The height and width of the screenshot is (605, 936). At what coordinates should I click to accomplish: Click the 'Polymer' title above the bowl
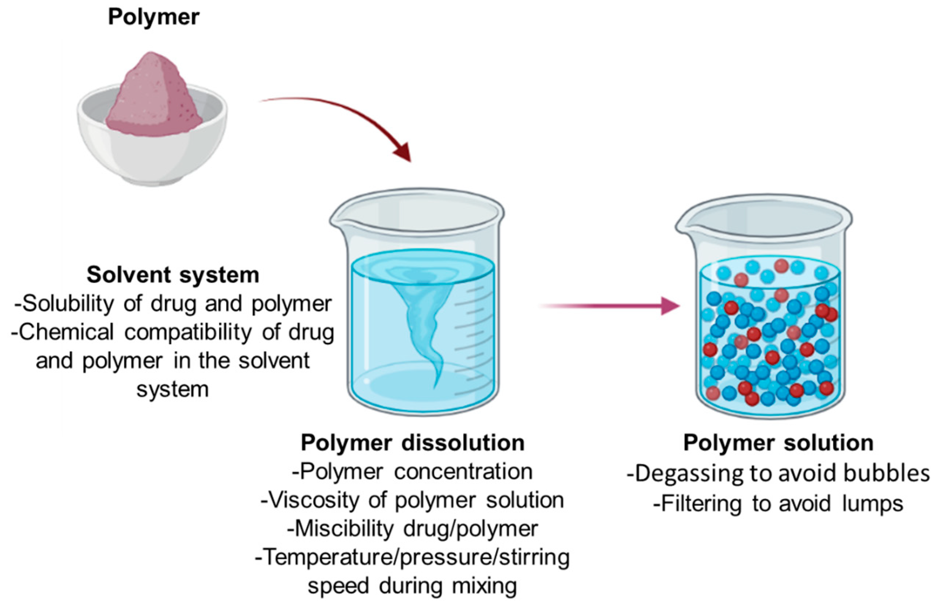point(154,18)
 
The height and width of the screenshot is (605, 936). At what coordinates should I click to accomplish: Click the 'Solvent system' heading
point(173,275)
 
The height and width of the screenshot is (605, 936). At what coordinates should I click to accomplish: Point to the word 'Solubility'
point(67,304)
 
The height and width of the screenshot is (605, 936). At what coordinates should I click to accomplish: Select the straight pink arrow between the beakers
point(609,306)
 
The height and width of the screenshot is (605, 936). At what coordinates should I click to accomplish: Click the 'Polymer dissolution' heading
point(413,443)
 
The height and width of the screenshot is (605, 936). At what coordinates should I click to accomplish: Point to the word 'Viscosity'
point(312,501)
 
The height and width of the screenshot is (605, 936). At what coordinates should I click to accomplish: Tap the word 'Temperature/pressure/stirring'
point(413,557)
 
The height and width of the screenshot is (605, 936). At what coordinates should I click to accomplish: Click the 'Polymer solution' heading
point(778,443)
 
